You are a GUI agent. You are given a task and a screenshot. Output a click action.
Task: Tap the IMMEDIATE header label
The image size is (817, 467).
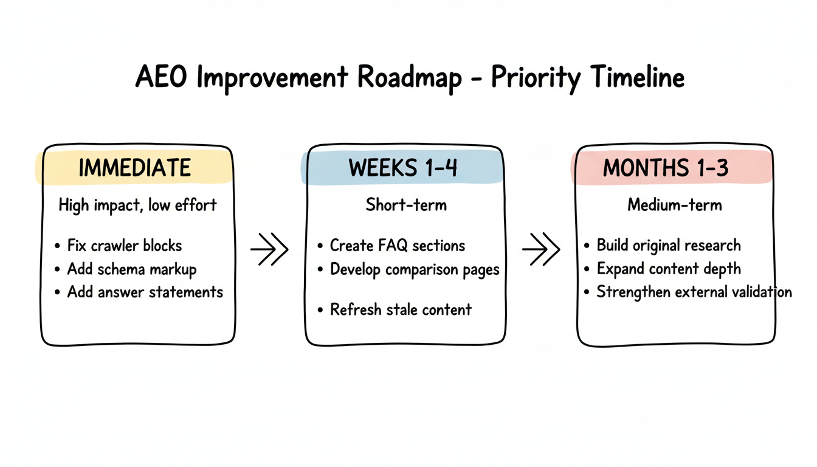coord(135,168)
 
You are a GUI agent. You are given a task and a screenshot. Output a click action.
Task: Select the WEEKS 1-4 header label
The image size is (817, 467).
coord(402,168)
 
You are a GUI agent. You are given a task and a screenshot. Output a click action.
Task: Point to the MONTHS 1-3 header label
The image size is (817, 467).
coord(666,168)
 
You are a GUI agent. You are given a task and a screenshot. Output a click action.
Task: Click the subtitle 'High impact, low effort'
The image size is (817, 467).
coord(137,205)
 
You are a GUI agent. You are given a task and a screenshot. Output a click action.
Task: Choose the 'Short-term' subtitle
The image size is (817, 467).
coord(406,205)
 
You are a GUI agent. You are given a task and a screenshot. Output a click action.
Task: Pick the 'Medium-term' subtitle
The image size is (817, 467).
coord(674,205)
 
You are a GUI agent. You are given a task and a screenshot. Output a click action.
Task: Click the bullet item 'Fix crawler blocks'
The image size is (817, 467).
coord(125,246)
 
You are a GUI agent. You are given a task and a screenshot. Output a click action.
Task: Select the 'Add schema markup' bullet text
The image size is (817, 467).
coord(132,270)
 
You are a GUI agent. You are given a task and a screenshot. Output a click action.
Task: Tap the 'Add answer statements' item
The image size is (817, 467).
coord(145,292)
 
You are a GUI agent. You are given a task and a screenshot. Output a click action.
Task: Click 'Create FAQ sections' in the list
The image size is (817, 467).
coord(397,246)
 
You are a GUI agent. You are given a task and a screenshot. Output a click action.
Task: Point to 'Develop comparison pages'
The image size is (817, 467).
coord(415,270)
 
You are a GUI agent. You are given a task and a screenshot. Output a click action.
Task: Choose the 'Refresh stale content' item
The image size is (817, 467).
coord(401,310)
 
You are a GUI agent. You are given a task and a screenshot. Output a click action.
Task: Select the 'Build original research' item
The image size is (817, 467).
coord(669,246)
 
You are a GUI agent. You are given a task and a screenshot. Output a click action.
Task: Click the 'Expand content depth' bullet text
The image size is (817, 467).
coord(669,269)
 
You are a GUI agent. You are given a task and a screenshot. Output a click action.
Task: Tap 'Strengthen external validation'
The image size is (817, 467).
coord(694,292)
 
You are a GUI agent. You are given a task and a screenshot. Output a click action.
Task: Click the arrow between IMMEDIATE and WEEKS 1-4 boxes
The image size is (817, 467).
coord(269,249)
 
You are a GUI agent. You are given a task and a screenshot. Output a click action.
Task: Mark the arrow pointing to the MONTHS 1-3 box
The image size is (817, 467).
coord(541,249)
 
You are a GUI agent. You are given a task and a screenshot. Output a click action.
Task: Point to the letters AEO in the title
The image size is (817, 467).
coord(161,77)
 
